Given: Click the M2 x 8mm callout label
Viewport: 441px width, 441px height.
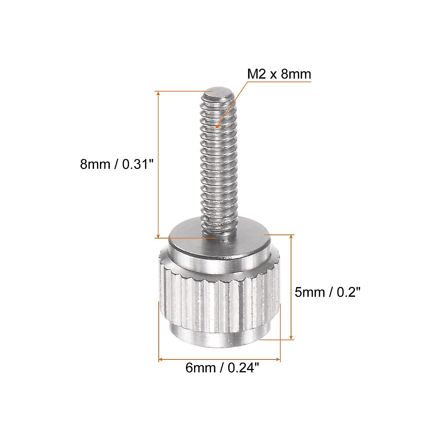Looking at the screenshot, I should (x=279, y=74).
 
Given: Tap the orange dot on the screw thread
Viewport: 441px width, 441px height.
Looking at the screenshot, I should (x=217, y=126).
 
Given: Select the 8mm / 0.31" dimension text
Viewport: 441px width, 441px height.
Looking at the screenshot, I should (x=116, y=164).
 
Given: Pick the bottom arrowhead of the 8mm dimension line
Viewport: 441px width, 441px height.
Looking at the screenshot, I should (x=158, y=236).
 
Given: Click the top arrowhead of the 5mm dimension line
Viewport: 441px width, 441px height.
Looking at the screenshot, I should (x=291, y=237).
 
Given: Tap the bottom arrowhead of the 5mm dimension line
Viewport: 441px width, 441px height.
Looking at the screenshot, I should (x=291, y=337).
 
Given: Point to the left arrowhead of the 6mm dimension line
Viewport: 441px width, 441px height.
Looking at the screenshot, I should (x=161, y=359).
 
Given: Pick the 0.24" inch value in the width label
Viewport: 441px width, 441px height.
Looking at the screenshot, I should (x=244, y=367).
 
